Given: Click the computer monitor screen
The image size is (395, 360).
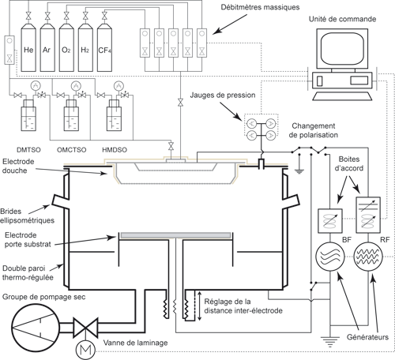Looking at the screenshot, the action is [342, 49].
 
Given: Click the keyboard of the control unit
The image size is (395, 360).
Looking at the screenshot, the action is [342, 96].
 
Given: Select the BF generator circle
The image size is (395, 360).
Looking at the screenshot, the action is [330, 257].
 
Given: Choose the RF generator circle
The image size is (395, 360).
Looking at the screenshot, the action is [368, 257].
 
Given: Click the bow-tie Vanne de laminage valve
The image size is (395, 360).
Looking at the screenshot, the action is [85, 328].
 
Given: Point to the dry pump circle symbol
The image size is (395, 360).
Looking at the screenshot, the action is [35, 328].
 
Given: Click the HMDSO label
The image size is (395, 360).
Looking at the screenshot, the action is [115, 150].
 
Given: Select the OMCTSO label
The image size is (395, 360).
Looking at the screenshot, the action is [72, 150].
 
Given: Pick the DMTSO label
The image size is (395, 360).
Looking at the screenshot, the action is [28, 150].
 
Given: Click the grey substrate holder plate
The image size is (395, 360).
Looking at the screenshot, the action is [175, 235].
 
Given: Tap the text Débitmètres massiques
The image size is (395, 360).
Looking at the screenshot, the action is [260, 7].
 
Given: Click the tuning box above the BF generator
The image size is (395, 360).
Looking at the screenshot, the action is [330, 221].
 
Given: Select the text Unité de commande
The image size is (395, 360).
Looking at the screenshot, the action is [342, 19].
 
